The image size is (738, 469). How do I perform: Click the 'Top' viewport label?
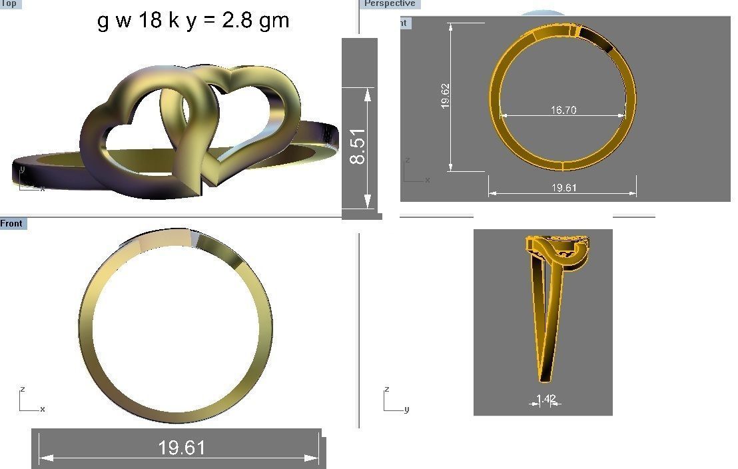(x=10, y=4)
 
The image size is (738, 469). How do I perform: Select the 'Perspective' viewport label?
(x=390, y=4)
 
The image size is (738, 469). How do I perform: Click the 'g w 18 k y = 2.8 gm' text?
(x=193, y=21)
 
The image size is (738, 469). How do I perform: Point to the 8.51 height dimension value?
(x=358, y=147)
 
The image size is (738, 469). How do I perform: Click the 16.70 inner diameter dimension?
(x=563, y=110)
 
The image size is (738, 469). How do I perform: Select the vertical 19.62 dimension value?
(x=445, y=95)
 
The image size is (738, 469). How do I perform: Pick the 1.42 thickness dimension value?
(x=546, y=399)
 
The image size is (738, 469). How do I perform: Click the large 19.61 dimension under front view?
(x=181, y=448)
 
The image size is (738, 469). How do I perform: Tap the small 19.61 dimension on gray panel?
(x=563, y=188)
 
